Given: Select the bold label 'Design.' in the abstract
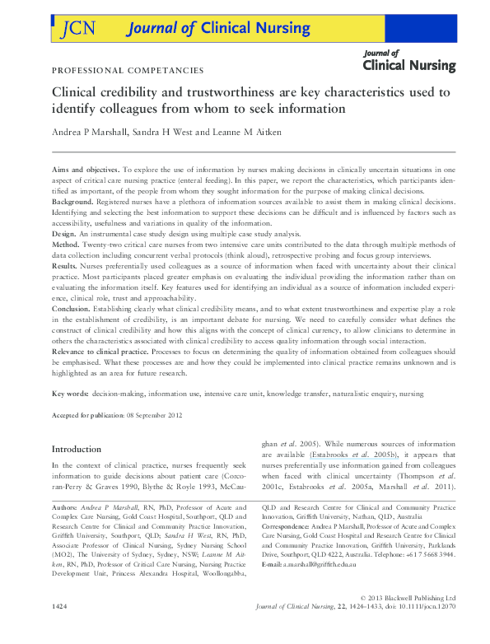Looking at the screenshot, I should coord(65,234).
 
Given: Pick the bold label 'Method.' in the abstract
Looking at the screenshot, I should coord(67,245).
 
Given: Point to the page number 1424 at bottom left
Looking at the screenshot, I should coord(61,630).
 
